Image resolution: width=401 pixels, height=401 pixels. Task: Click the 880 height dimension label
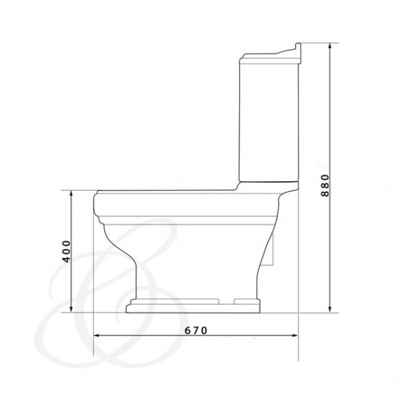(325, 185)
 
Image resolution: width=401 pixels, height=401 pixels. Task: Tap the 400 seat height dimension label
(66, 251)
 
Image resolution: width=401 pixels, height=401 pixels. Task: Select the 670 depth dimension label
(196, 331)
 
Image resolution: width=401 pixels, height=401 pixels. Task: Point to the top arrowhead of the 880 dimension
(330, 46)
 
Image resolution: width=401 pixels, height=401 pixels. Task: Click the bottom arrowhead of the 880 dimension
(330, 309)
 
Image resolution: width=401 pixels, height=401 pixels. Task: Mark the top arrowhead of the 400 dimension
(72, 194)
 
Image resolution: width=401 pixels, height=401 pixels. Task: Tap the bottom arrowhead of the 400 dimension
(72, 309)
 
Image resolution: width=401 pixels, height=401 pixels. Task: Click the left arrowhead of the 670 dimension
(97, 336)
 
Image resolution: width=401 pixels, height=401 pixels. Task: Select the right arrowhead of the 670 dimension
(295, 336)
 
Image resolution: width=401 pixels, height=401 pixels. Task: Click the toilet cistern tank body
(269, 122)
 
